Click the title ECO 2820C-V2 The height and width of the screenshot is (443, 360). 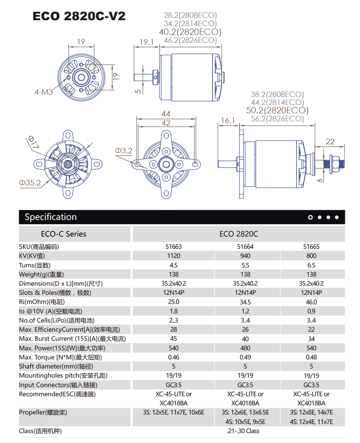tap(79, 16)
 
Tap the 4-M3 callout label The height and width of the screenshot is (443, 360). tap(44, 92)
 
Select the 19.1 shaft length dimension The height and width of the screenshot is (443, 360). tap(146, 42)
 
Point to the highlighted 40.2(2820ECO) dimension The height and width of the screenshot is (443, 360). tap(190, 32)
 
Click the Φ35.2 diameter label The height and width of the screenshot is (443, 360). tap(30, 183)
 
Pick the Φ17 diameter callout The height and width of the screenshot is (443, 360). tap(33, 142)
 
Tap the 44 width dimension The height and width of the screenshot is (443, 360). tap(166, 114)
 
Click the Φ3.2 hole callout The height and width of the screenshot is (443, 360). tap(123, 151)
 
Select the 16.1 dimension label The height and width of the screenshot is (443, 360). tap(228, 120)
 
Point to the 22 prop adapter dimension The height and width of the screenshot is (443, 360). tap(330, 141)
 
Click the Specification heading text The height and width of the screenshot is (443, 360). tap(50, 217)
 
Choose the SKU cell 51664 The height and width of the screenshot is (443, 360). tap(245, 246)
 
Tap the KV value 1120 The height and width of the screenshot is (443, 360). tap(174, 256)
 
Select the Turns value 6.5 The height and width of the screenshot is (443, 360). tap(311, 265)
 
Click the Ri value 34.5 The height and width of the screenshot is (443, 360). tap(245, 302)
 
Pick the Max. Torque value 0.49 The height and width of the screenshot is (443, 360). tap(245, 357)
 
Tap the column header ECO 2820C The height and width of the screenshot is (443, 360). tap(239, 234)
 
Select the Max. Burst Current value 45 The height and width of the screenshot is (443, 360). tap(174, 339)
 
